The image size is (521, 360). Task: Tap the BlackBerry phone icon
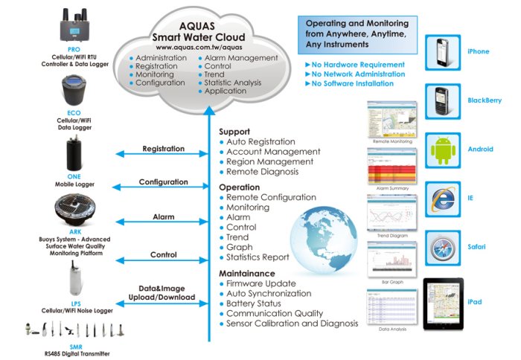pyautogui.click(x=441, y=101)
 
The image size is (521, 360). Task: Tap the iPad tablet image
pyautogui.click(x=443, y=303)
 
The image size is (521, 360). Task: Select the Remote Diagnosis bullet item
pyautogui.click(x=263, y=172)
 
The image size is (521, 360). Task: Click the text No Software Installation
pyautogui.click(x=354, y=84)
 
